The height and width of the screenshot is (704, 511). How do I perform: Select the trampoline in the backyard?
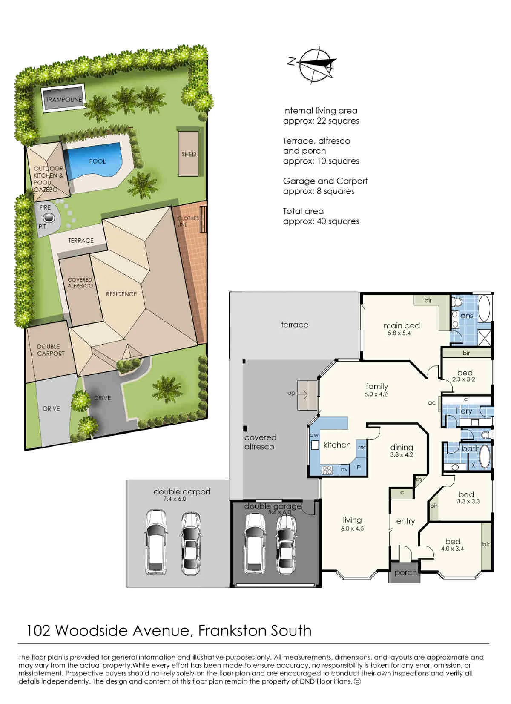click(x=63, y=99)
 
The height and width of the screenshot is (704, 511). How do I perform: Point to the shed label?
click(x=189, y=154)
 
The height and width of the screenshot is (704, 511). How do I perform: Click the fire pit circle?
click(x=49, y=217)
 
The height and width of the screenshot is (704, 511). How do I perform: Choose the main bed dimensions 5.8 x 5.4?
click(x=399, y=333)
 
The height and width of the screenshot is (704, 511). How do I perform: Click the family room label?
click(x=377, y=386)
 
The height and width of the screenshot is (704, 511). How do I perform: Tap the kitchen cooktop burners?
click(x=327, y=470)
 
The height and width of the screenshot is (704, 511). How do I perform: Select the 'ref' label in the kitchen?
click(x=362, y=447)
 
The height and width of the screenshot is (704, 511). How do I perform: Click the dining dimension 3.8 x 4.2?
click(x=401, y=455)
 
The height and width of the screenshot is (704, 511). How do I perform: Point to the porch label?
click(x=405, y=573)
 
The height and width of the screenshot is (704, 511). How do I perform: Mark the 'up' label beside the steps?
click(x=291, y=393)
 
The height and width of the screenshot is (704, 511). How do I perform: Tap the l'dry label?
click(x=464, y=411)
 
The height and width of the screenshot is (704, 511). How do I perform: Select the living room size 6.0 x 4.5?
click(x=352, y=529)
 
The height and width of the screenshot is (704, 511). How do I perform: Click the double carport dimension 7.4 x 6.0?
click(x=175, y=499)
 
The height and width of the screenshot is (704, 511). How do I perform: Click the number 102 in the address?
click(x=38, y=631)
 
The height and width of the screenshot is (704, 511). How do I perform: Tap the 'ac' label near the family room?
click(x=431, y=403)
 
